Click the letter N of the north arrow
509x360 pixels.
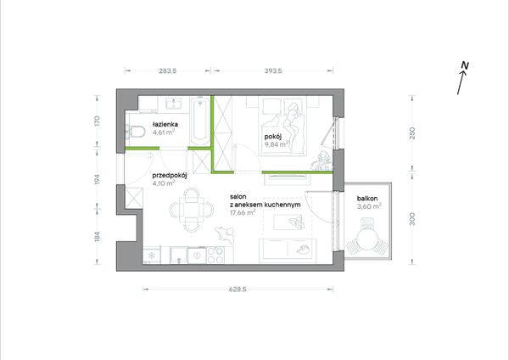(465, 65)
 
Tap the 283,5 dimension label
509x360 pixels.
(168, 70)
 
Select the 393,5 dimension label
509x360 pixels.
(273, 70)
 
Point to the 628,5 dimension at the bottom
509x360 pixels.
(238, 290)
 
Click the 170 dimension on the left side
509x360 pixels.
(97, 121)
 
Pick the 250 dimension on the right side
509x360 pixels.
(412, 133)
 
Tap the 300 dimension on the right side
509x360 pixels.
(412, 219)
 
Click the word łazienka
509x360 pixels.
(165, 124)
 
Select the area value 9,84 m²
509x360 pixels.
(277, 144)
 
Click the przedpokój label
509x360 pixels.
(170, 176)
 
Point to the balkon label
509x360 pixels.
(367, 198)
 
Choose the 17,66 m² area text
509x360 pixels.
(243, 213)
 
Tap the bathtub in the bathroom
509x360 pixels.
(199, 121)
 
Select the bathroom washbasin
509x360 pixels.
(173, 104)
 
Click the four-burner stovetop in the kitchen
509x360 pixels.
(215, 255)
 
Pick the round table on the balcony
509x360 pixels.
(367, 238)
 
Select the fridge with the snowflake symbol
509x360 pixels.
(152, 255)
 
